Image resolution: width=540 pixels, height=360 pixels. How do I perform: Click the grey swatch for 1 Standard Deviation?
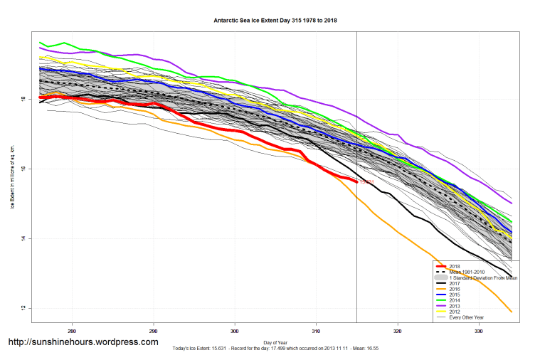440,277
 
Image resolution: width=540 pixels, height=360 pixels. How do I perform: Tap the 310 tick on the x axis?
317,332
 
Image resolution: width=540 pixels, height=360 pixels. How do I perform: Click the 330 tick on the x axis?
480,332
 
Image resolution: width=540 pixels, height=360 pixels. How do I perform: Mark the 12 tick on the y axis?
25,308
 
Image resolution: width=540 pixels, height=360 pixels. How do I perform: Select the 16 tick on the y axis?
25,169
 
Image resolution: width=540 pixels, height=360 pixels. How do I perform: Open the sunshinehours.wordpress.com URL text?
83,342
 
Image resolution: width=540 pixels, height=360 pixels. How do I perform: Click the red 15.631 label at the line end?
366,183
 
